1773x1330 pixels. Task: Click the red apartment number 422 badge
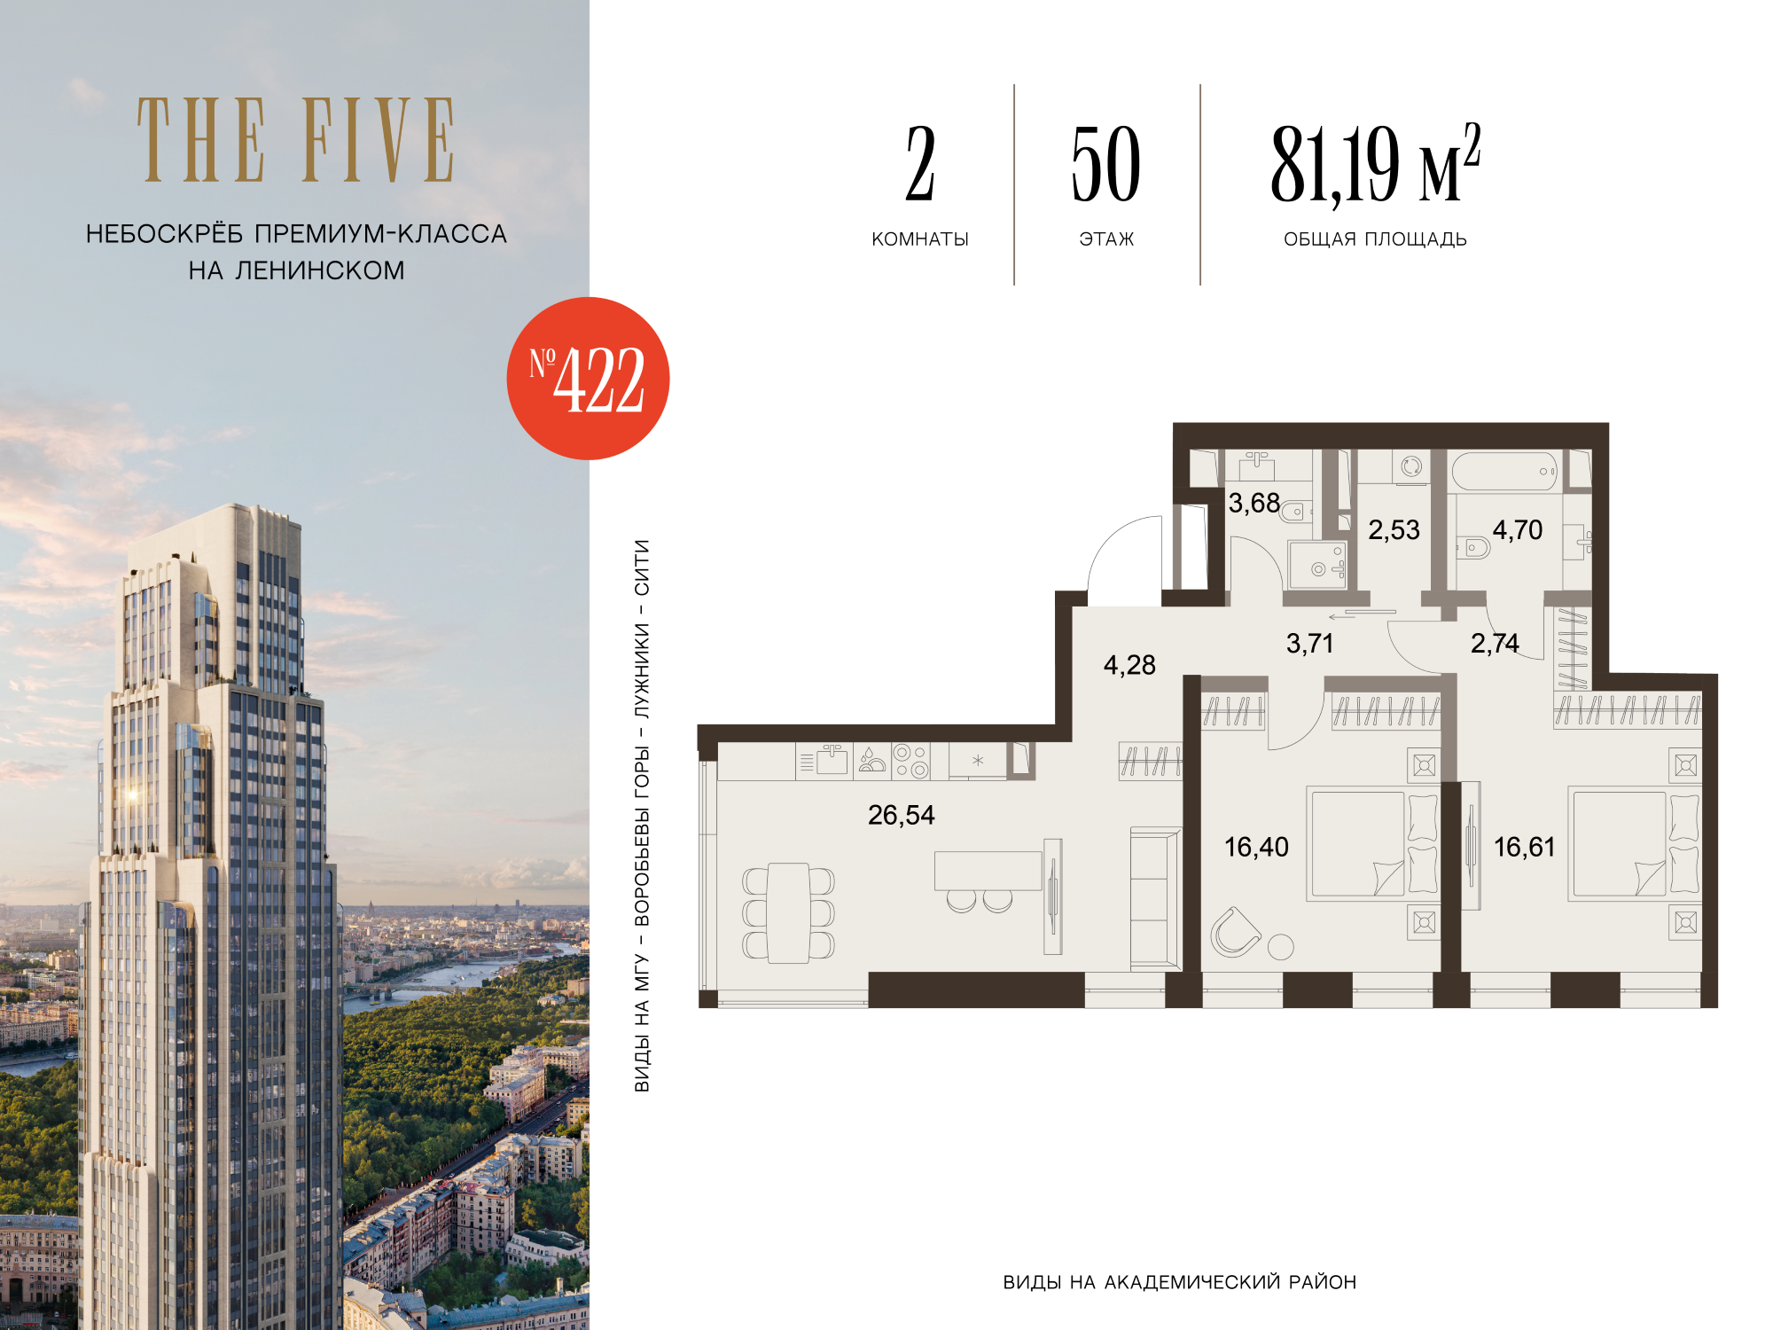pos(588,379)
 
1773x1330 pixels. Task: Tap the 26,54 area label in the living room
pos(901,815)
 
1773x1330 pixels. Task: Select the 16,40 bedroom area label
pos(1256,847)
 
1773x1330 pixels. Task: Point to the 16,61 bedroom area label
pos(1524,847)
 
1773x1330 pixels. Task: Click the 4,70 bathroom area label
pos(1518,529)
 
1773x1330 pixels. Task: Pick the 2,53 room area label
pos(1394,529)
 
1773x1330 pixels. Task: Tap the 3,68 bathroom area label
pos(1254,503)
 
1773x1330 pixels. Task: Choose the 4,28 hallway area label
pos(1129,665)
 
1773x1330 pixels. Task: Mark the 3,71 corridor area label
pos(1309,643)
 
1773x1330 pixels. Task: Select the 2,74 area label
pos(1495,643)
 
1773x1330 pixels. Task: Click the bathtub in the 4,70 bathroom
pos(1505,472)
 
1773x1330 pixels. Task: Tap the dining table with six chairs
pos(788,912)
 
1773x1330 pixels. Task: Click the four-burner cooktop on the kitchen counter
pos(910,761)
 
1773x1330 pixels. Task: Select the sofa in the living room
pos(1155,898)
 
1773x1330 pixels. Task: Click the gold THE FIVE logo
pos(296,139)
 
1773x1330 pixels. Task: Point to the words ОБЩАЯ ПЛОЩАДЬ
pos(1375,239)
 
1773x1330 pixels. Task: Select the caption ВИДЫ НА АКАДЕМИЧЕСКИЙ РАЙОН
pos(1179,1282)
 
